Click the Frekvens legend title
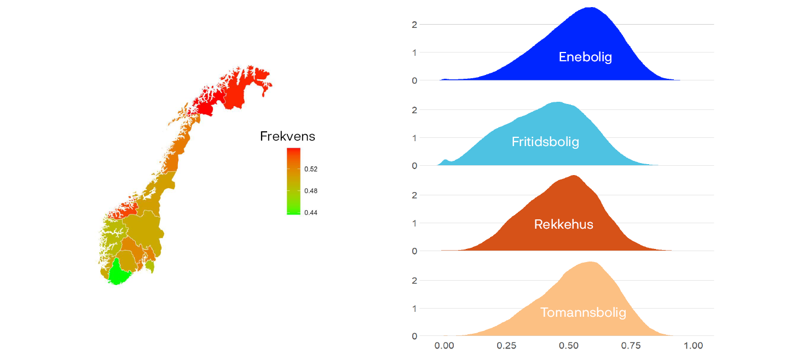pos(287,136)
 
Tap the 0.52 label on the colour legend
pos(310,170)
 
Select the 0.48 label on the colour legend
pos(310,191)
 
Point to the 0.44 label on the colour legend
pos(310,213)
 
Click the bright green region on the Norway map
pos(117,272)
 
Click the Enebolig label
pos(585,57)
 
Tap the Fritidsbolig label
pos(545,142)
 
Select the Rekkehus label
pos(563,224)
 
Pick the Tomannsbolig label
pos(583,312)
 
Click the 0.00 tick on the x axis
pos(444,346)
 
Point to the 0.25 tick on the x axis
pos(506,346)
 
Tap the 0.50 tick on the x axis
pos(569,346)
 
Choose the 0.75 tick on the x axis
pos(631,346)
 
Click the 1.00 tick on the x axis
pos(694,346)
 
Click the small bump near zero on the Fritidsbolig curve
pos(446,160)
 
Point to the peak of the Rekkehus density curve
pos(574,176)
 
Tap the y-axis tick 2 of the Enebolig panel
pos(414,25)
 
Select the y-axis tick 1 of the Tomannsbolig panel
pos(414,309)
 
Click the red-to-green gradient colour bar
pos(293,181)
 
